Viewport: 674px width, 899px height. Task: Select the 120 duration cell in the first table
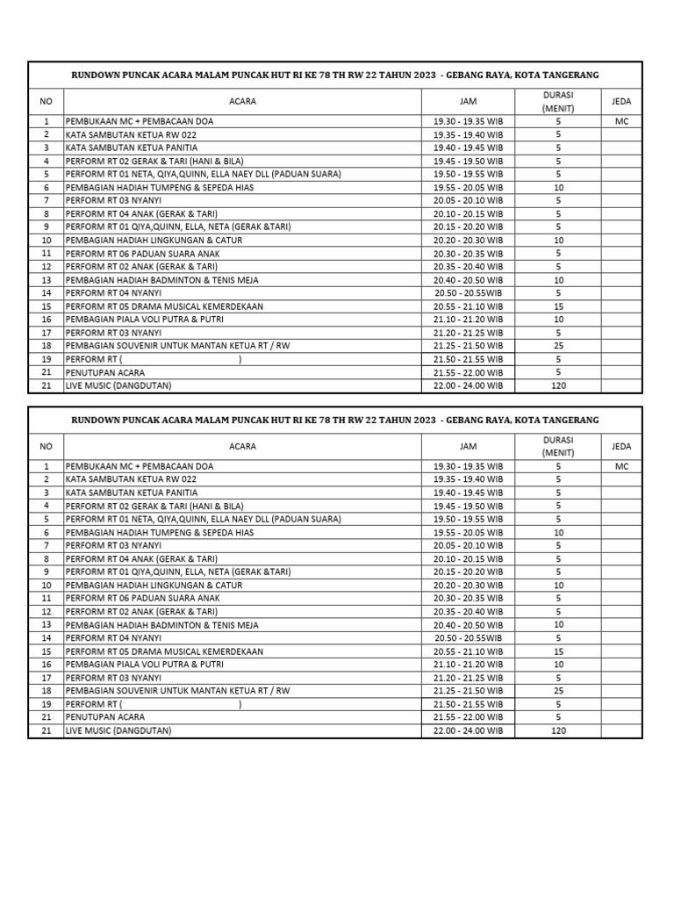(558, 385)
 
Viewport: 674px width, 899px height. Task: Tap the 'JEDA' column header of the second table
(621, 447)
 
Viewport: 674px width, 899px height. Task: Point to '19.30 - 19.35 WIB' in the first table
(468, 122)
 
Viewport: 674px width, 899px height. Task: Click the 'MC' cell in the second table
(621, 467)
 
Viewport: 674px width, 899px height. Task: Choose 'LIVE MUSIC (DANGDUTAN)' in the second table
(118, 730)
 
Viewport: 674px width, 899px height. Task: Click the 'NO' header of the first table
(47, 102)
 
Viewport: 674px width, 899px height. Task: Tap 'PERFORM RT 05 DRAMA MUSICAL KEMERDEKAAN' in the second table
(164, 652)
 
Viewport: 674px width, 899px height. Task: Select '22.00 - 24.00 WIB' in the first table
(468, 385)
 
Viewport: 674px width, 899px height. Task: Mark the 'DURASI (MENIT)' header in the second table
(558, 447)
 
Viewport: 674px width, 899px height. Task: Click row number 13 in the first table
(47, 280)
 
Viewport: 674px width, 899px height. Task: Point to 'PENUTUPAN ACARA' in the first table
(105, 372)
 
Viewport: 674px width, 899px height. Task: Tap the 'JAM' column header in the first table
(468, 102)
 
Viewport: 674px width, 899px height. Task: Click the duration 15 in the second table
(558, 652)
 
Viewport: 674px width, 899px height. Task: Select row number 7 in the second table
(47, 545)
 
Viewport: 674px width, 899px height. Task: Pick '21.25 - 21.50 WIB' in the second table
(468, 692)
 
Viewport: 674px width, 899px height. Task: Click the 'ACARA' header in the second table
(242, 447)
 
